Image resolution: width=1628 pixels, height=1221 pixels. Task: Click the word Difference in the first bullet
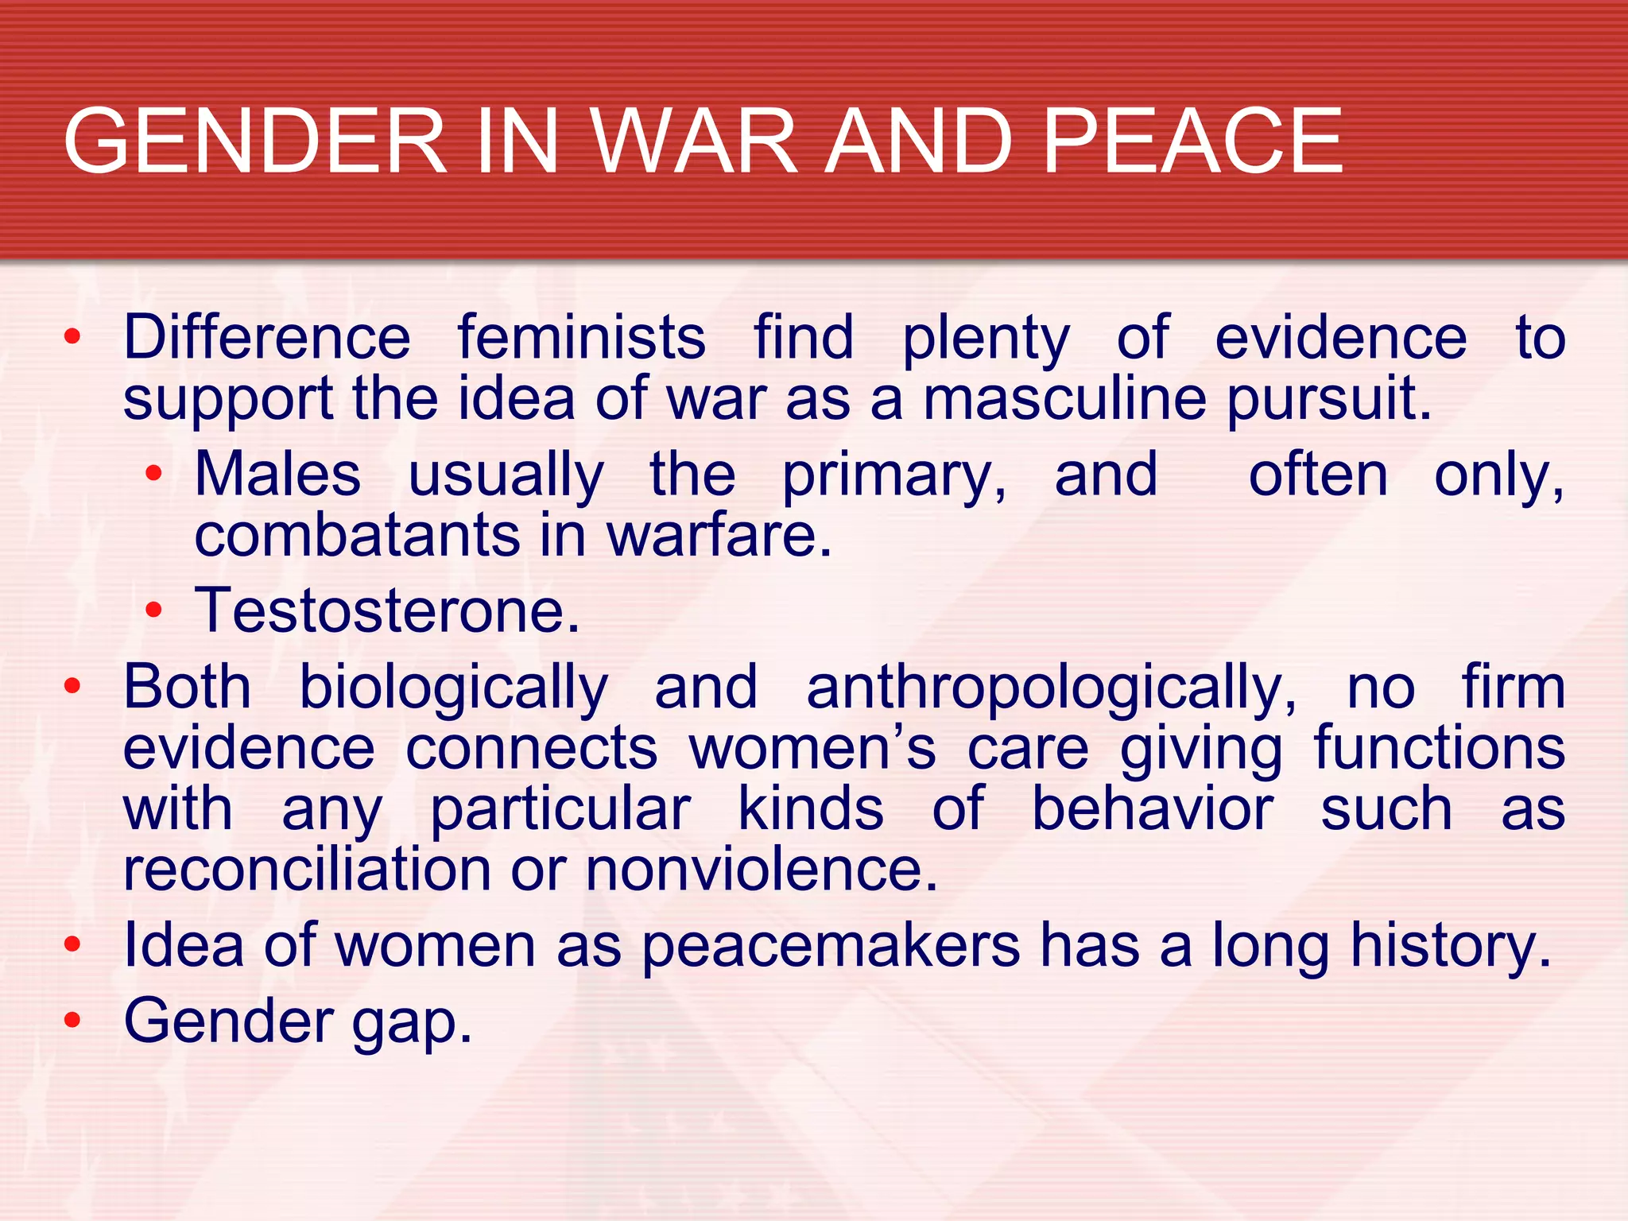[x=267, y=337]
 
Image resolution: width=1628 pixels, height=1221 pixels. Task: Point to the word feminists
[x=581, y=337]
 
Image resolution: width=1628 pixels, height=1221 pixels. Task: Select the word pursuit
[x=1328, y=400]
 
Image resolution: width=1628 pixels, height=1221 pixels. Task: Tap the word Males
[x=277, y=475]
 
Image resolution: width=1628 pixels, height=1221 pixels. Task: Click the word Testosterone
[x=387, y=610]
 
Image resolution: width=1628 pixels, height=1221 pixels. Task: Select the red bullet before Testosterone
[x=153, y=611]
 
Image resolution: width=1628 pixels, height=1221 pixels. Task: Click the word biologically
[x=454, y=688]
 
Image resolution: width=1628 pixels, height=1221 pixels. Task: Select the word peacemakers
[x=831, y=946]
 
